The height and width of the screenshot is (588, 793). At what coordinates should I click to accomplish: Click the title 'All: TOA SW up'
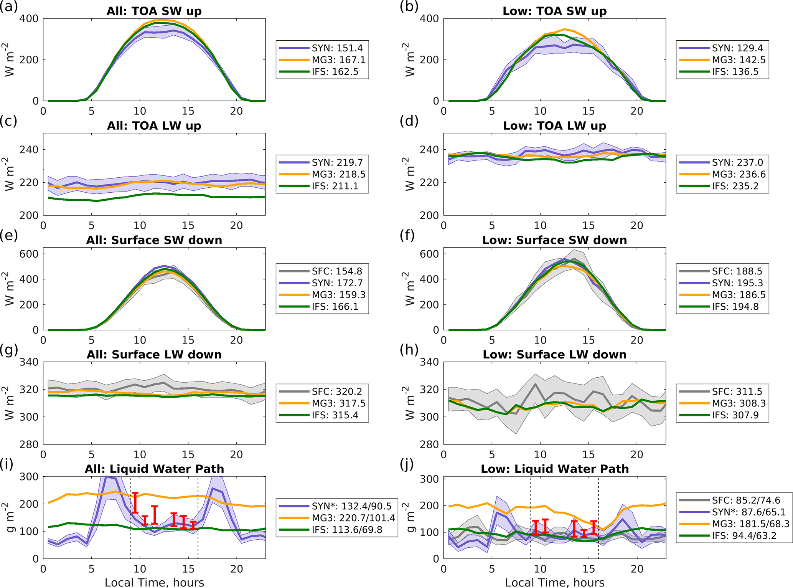pyautogui.click(x=154, y=11)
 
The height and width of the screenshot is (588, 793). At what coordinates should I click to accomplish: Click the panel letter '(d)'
pyautogui.click(x=409, y=121)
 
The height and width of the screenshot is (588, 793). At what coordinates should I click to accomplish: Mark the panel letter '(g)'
pyautogui.click(x=8, y=349)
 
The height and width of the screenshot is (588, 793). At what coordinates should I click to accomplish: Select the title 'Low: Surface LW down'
pyautogui.click(x=554, y=354)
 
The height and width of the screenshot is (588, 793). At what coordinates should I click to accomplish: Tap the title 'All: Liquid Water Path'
pyautogui.click(x=154, y=469)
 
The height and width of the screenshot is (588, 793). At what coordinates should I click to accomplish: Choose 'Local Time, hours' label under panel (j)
pyautogui.click(x=554, y=582)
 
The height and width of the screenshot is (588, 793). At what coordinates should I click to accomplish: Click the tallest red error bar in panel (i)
pyautogui.click(x=135, y=503)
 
